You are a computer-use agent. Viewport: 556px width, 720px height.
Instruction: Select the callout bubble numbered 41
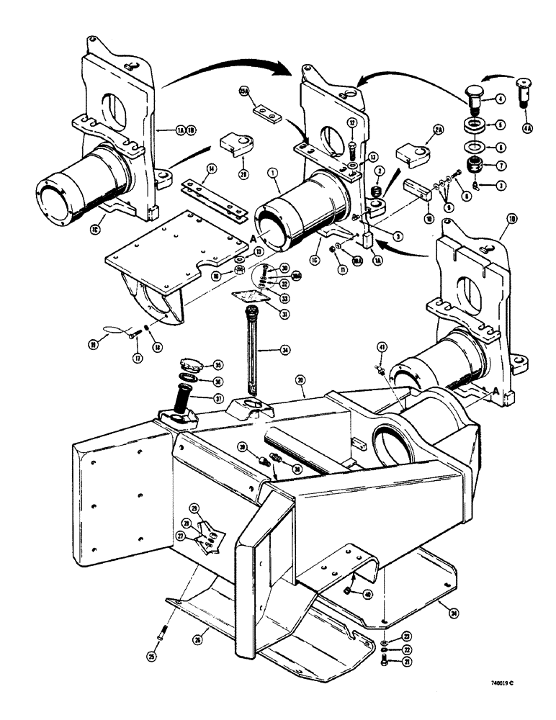(x=381, y=348)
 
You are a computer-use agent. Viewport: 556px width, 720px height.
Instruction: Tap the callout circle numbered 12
(x=352, y=122)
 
